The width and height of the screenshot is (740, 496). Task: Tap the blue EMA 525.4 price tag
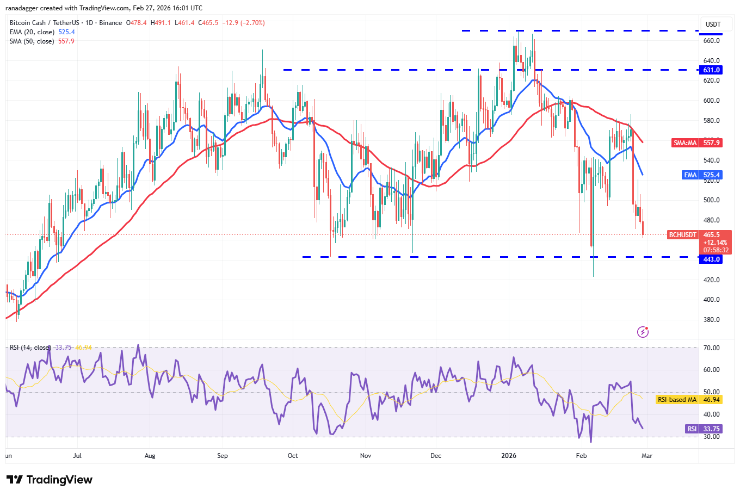[702, 175]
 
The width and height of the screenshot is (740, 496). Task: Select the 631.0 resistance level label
[711, 70]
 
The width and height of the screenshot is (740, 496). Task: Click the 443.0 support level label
[711, 259]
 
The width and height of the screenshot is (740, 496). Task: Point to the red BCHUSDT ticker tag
[682, 235]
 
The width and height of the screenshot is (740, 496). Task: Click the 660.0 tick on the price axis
[711, 41]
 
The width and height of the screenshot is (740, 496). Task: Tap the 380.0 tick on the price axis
[711, 320]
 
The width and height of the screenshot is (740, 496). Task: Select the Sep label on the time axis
[222, 456]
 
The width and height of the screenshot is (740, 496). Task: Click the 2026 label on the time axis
[509, 456]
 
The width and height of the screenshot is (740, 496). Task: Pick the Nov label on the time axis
[366, 456]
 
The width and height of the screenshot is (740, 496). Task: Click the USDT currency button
[713, 24]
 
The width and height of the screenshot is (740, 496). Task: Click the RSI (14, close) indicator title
[30, 348]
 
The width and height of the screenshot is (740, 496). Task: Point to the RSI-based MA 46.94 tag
[688, 400]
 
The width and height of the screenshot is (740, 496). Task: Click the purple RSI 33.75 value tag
[703, 429]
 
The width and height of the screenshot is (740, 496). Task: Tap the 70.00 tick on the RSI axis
[711, 348]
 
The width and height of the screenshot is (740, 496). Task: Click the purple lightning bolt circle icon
[643, 332]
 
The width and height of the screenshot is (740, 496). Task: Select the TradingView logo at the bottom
[50, 480]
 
